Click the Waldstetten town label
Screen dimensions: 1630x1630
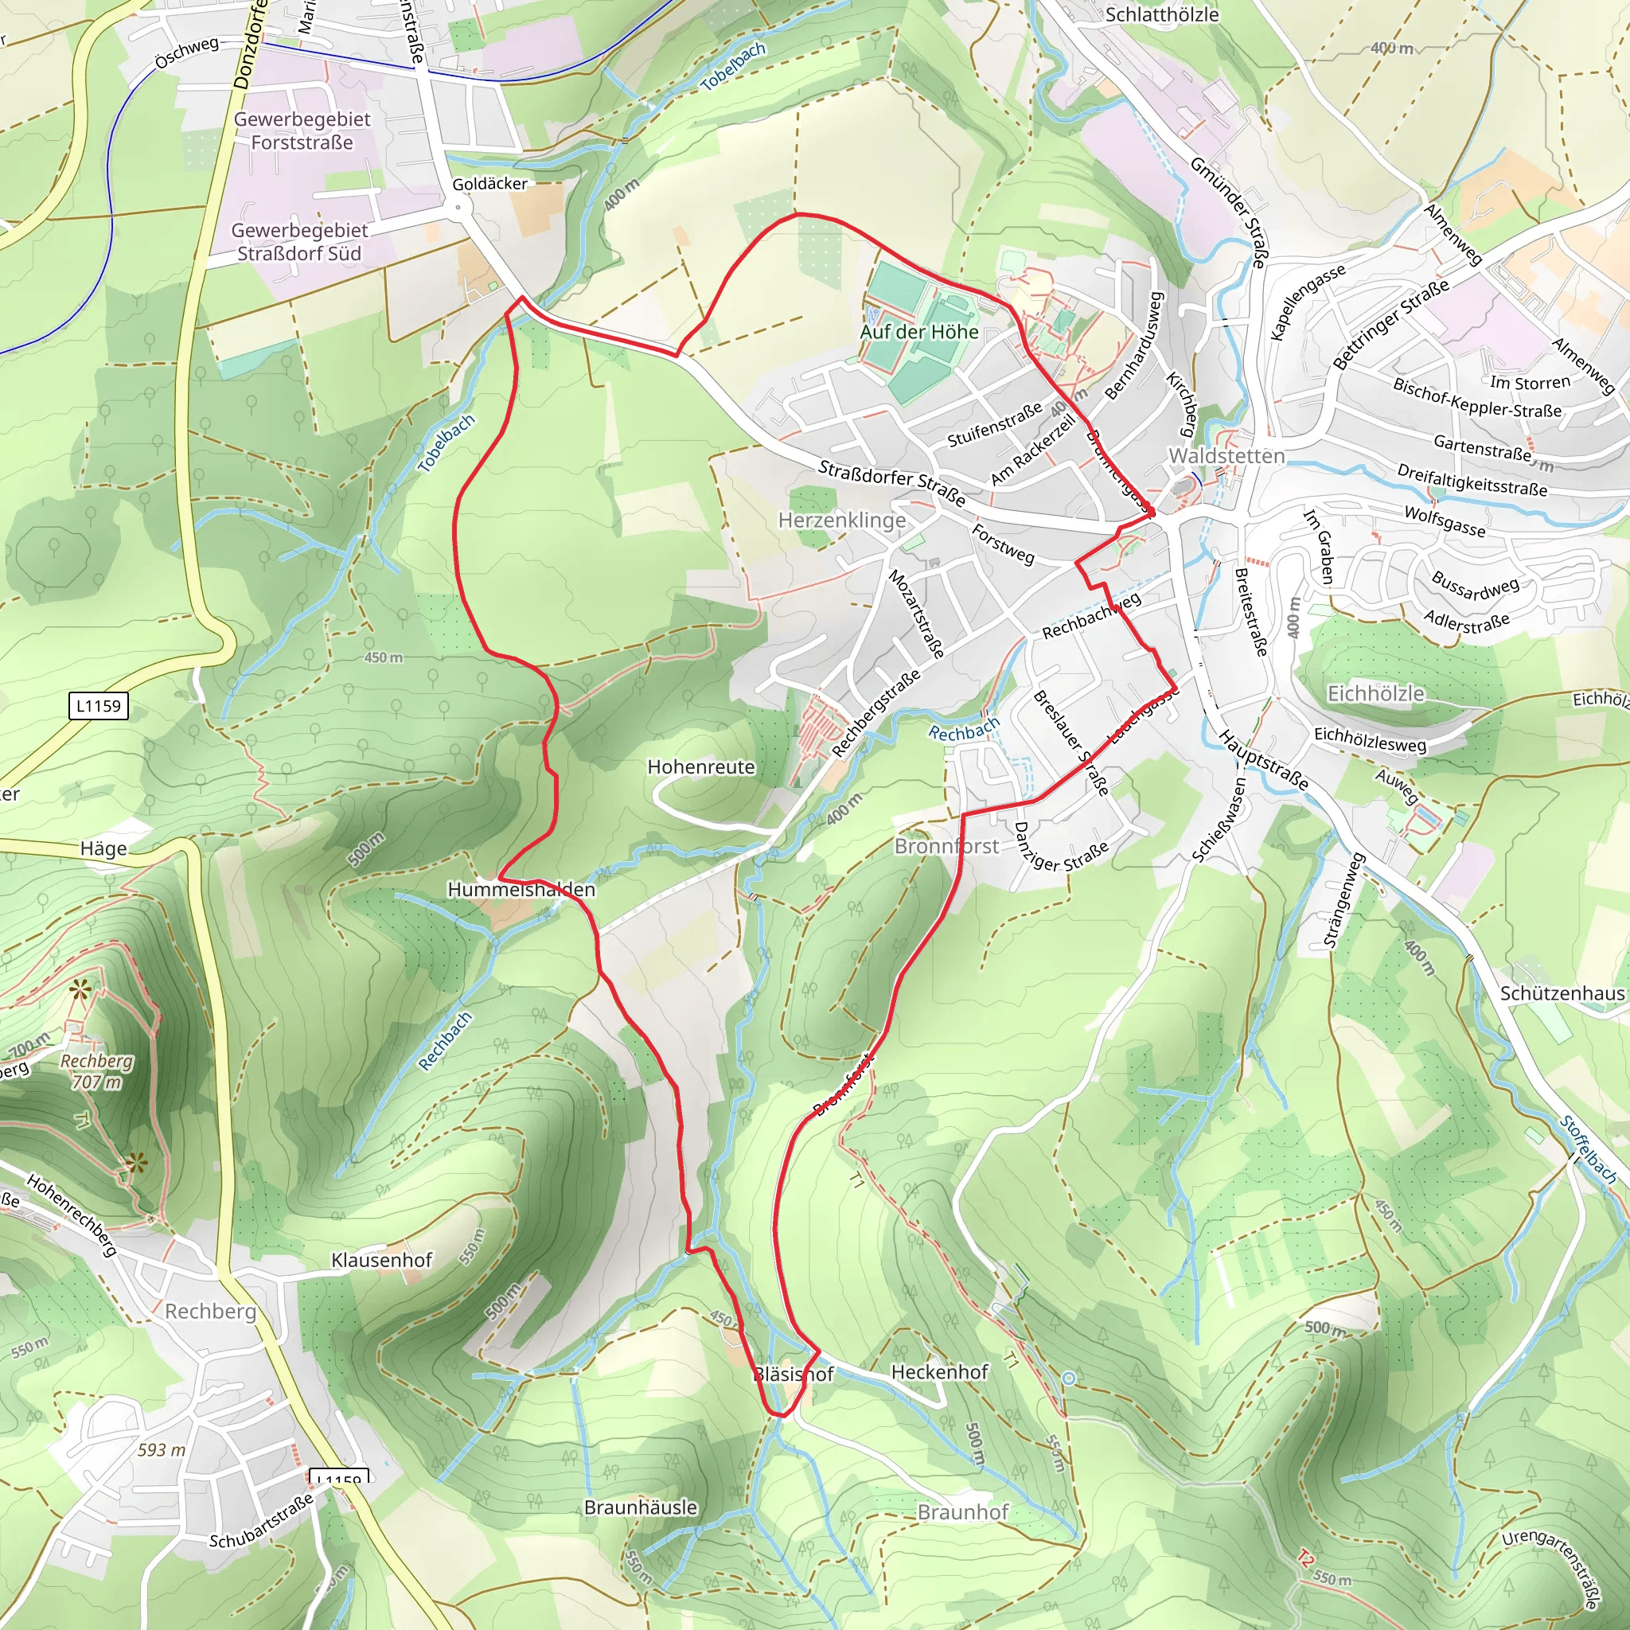[1226, 455]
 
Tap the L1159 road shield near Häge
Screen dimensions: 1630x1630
[99, 705]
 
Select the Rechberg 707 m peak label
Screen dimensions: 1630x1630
[96, 1071]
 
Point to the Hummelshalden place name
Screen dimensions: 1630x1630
[521, 889]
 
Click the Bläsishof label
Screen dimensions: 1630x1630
[793, 1375]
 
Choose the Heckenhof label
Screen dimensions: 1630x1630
[939, 1372]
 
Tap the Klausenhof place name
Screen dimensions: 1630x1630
[381, 1260]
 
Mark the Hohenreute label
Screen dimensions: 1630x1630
[701, 767]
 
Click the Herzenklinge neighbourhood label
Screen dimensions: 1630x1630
[841, 521]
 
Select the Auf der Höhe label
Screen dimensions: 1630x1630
[918, 332]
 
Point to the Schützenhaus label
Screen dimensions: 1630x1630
[1562, 993]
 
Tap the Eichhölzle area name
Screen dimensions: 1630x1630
[1375, 693]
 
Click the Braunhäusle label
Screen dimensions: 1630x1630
[641, 1507]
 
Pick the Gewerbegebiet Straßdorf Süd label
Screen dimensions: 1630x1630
[299, 241]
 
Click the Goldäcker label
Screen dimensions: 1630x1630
[489, 184]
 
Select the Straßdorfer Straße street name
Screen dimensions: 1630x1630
[891, 482]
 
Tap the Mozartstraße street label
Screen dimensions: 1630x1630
[916, 614]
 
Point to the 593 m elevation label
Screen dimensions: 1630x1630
[161, 1449]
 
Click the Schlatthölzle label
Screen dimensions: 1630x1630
[1162, 14]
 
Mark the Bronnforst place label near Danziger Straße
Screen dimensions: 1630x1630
[946, 846]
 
